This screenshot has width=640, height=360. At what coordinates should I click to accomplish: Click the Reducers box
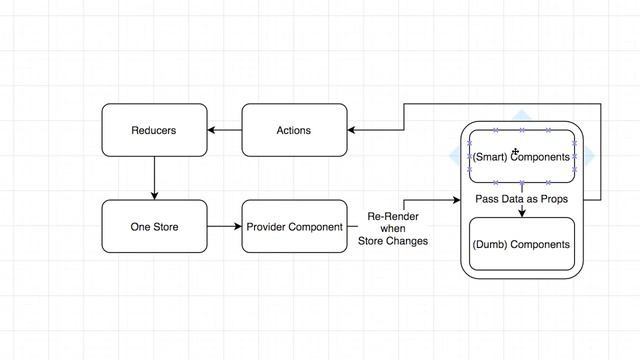pos(154,130)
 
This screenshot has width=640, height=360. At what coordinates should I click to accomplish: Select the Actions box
pos(293,130)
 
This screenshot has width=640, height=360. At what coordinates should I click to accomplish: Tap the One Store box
pos(154,227)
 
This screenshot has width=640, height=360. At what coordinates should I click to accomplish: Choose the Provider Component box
pos(294,227)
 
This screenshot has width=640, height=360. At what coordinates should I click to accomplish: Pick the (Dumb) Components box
pos(520,244)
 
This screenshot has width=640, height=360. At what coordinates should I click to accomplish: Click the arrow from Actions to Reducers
pos(224,130)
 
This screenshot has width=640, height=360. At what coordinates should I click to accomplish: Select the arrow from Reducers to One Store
pos(154,178)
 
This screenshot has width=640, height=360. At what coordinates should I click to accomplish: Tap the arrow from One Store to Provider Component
pos(224,227)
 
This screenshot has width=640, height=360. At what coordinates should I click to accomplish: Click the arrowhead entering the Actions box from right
pos(352,130)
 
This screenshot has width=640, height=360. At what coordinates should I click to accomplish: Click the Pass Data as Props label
pos(520,200)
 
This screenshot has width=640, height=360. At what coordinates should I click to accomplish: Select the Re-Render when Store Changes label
pos(393,229)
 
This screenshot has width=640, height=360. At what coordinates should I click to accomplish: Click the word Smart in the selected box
pos(489,157)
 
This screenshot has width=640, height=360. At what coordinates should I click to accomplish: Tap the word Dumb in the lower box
pos(490,244)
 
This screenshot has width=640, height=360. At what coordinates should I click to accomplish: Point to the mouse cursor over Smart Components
pos(515,152)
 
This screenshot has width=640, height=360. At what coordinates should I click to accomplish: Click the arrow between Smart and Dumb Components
pos(520,212)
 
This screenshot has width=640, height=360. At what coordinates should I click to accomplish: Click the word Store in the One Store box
pos(165,227)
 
